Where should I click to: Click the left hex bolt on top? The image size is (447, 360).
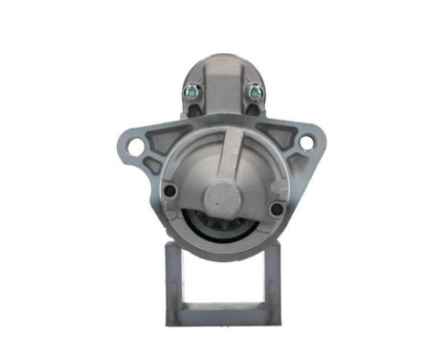[x=191, y=93]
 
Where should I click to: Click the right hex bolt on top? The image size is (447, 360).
[x=255, y=93]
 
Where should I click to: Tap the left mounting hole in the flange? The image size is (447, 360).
[x=136, y=146]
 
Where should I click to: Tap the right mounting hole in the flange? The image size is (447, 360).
[x=306, y=144]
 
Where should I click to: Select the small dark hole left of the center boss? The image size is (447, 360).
[x=169, y=191]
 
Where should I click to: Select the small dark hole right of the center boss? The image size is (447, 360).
[x=277, y=209]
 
